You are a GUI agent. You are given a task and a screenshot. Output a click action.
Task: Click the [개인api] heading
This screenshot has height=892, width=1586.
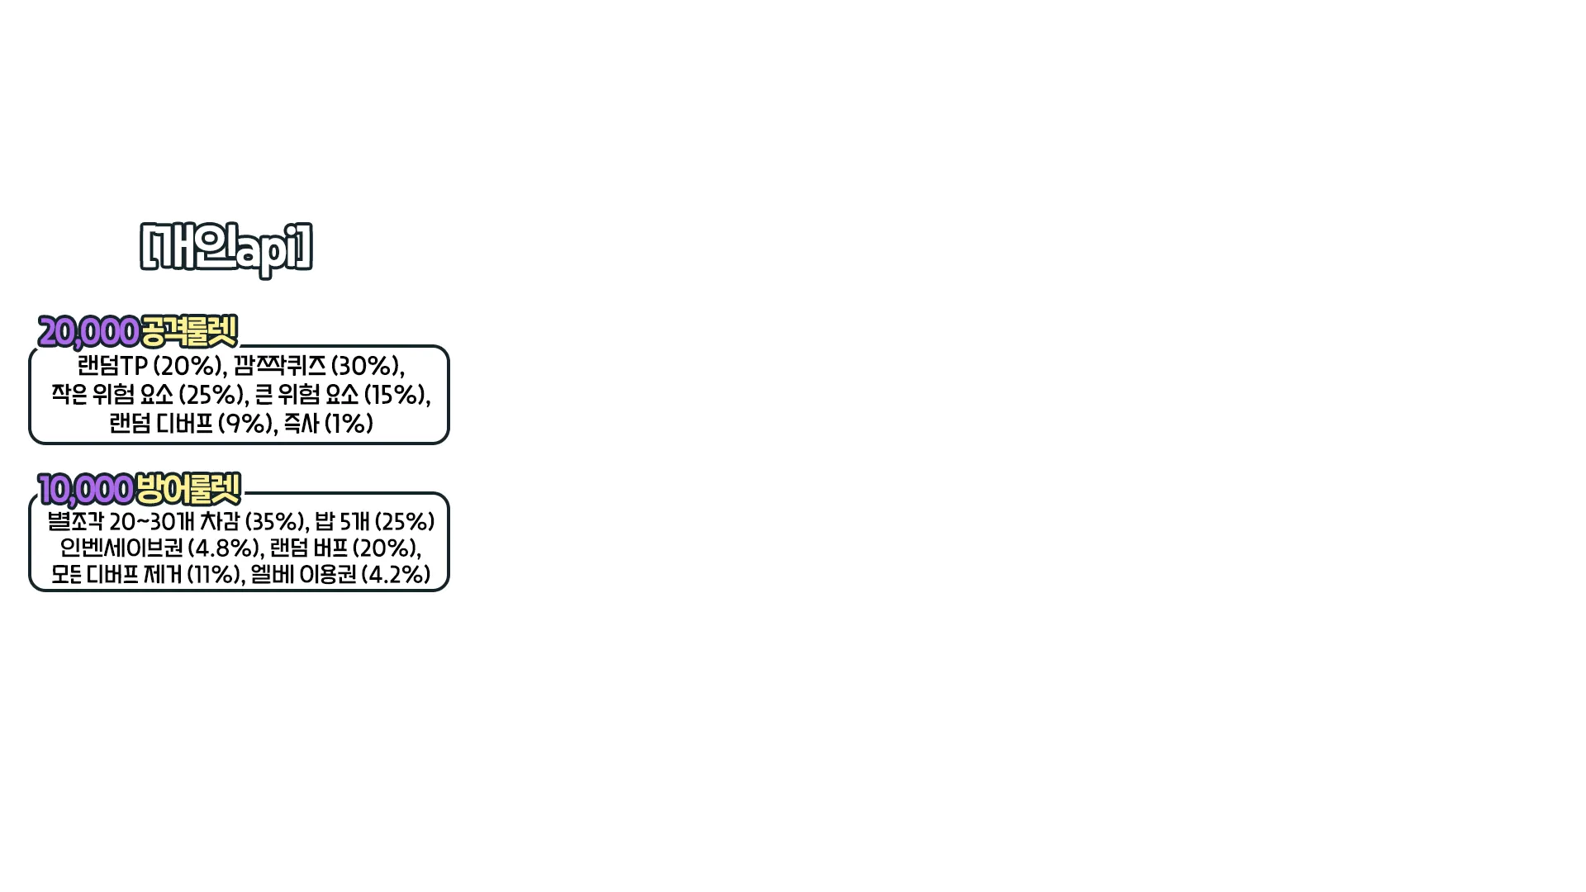point(227,247)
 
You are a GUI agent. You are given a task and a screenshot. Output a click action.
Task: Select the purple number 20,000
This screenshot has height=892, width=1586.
point(88,332)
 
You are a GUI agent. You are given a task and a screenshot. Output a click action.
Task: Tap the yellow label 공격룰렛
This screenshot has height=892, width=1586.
point(189,331)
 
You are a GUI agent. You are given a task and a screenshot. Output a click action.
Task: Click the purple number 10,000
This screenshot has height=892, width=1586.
point(85,490)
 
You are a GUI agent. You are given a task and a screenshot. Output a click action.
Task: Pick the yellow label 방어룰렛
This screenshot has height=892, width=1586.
point(188,489)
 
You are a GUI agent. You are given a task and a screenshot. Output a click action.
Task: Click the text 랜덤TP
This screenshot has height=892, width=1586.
point(112,366)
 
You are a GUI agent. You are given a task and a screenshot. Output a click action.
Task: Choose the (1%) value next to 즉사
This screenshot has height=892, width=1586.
point(349,424)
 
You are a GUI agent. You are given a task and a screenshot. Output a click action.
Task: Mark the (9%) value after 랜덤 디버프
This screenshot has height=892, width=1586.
point(245,424)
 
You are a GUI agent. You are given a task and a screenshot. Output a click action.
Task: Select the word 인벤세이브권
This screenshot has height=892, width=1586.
point(121,548)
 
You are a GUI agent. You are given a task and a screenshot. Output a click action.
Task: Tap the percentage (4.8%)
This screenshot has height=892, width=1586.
point(225,548)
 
